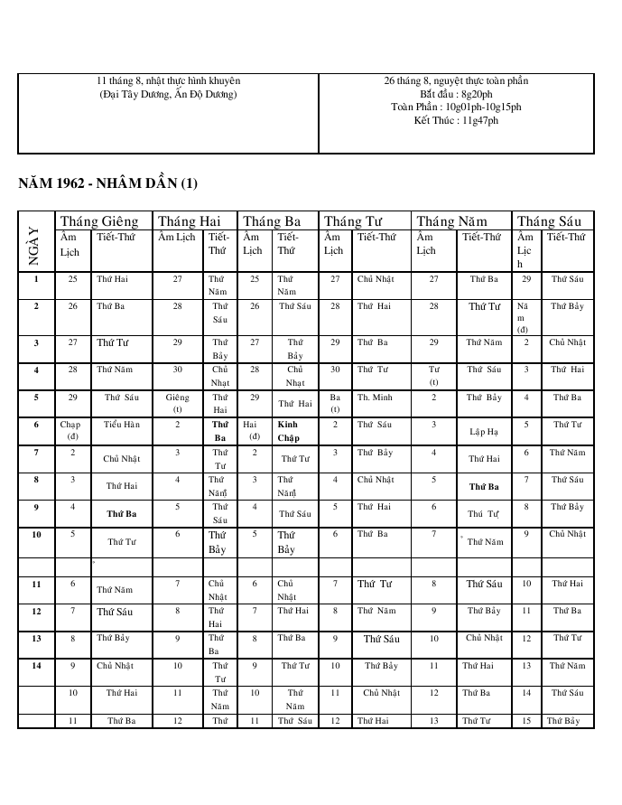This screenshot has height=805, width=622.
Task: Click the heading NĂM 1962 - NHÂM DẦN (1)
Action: pyautogui.click(x=107, y=184)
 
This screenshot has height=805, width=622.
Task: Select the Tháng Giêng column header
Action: pyautogui.click(x=98, y=221)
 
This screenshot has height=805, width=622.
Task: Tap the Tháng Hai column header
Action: pyautogui.click(x=189, y=221)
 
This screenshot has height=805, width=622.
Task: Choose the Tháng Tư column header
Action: pyautogui.click(x=354, y=221)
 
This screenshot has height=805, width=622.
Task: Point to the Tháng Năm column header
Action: pyautogui.click(x=452, y=221)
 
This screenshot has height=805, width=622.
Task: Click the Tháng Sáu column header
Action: pyautogui.click(x=549, y=221)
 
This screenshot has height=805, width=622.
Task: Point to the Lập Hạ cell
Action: pyautogui.click(x=483, y=431)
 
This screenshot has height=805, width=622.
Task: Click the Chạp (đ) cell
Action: pyautogui.click(x=70, y=430)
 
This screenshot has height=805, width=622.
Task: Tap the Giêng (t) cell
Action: pyautogui.click(x=178, y=402)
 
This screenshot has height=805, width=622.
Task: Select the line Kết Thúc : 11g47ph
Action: pyautogui.click(x=456, y=120)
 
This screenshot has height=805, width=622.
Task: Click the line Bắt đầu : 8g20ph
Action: pyautogui.click(x=456, y=94)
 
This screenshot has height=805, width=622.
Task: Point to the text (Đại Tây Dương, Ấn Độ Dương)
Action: pyautogui.click(x=168, y=94)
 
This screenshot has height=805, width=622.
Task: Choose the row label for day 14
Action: pyautogui.click(x=36, y=666)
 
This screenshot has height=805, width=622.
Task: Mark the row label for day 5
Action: pyautogui.click(x=36, y=397)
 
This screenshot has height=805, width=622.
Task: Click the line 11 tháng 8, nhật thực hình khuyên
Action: pyautogui.click(x=168, y=81)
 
